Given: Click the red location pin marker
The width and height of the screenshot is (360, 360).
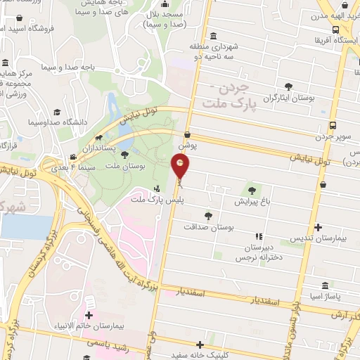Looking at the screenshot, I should (180, 167).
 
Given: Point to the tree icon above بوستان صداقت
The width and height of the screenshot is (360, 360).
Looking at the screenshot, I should (207, 215).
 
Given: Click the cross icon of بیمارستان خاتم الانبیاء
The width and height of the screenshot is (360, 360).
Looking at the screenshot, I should (89, 315).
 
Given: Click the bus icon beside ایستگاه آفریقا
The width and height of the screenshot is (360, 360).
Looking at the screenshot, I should (336, 30).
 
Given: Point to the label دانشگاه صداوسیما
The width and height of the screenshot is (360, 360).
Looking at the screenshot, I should (51, 122).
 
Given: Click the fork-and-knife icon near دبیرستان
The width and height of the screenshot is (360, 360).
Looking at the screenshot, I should (259, 236).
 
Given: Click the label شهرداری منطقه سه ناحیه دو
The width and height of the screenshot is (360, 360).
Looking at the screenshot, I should (214, 51).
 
